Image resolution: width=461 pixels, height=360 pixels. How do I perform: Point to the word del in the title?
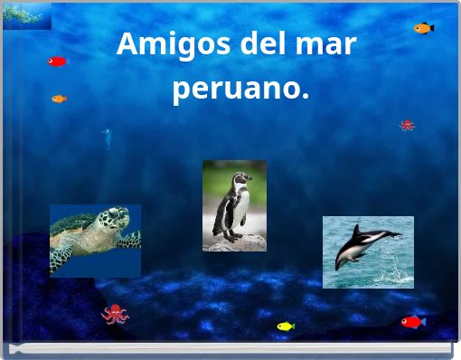261,43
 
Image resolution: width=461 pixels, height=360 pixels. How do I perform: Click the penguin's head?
238,180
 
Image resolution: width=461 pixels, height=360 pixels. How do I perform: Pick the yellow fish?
286,326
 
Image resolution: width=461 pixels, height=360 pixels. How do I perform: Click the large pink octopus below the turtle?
115,314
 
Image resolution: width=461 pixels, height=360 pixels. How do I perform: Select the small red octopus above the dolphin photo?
407,125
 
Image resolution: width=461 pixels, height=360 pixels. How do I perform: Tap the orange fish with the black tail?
423,28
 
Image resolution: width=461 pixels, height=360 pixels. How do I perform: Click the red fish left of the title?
57,62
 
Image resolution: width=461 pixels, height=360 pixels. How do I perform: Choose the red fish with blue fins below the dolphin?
412,322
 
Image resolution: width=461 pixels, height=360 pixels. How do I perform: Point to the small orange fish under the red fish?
59,99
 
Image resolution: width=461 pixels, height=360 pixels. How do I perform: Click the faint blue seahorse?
107,138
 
